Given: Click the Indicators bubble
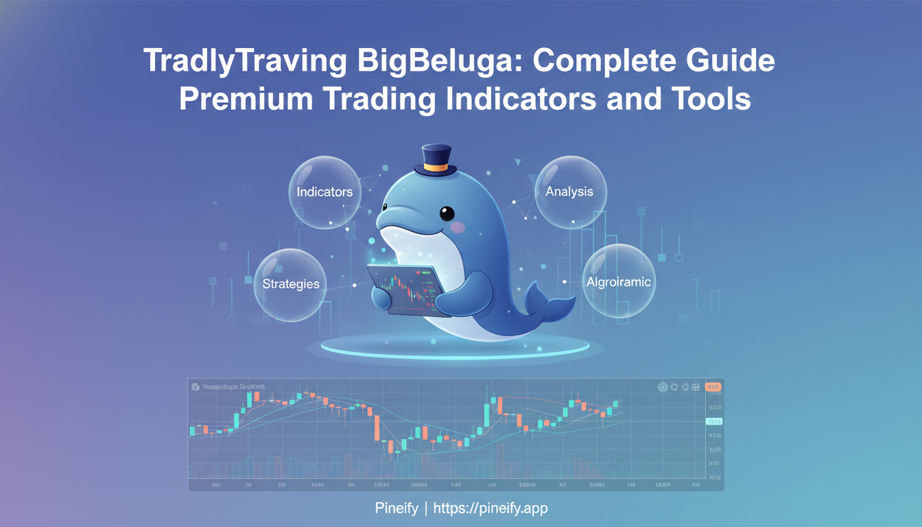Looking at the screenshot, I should [x=324, y=192].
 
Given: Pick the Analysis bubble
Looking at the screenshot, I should [x=569, y=192].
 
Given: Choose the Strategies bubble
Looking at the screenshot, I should [x=290, y=284].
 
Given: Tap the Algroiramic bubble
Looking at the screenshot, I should [x=619, y=281].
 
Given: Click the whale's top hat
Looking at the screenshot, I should [x=436, y=161].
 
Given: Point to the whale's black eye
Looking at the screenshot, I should [x=447, y=213].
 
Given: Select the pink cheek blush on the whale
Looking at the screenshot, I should [x=458, y=227].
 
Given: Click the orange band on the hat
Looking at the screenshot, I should [x=436, y=167].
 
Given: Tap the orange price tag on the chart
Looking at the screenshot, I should [x=713, y=387].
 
